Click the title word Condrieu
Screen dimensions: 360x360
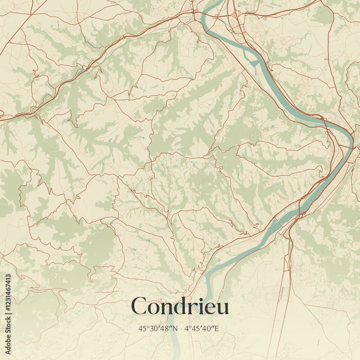[180, 306]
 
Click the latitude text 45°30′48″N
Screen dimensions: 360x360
[158, 328]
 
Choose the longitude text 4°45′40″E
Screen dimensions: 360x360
[202, 328]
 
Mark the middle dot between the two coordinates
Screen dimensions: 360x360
[181, 328]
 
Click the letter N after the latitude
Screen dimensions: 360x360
[175, 328]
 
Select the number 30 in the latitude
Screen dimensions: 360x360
[154, 328]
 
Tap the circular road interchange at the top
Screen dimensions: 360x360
[237, 14]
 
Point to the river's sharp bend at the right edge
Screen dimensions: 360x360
[351, 139]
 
